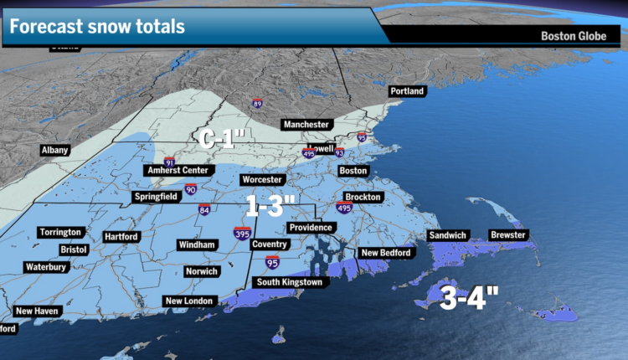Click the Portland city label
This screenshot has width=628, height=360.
pyautogui.click(x=408, y=90)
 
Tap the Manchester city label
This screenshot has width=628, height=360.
pyautogui.click(x=306, y=125)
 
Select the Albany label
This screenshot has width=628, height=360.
pyautogui.click(x=54, y=151)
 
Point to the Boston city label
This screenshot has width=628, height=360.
pyautogui.click(x=353, y=171)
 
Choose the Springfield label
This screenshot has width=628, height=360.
pyautogui.click(x=157, y=198)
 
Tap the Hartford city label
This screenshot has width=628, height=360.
pyautogui.click(x=121, y=237)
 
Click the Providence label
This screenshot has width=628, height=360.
pyautogui.click(x=311, y=228)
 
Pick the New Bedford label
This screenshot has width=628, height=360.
pyautogui.click(x=385, y=253)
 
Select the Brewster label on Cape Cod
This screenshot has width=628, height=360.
pyautogui.click(x=508, y=235)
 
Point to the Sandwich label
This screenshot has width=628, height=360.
pyautogui.click(x=447, y=235)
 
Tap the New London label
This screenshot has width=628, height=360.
pyautogui.click(x=190, y=301)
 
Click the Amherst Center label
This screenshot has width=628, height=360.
pyautogui.click(x=177, y=170)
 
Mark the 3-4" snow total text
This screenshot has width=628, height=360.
pyautogui.click(x=469, y=296)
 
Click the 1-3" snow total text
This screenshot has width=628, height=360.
pyautogui.click(x=271, y=203)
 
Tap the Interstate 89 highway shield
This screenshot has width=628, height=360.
pyautogui.click(x=257, y=105)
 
